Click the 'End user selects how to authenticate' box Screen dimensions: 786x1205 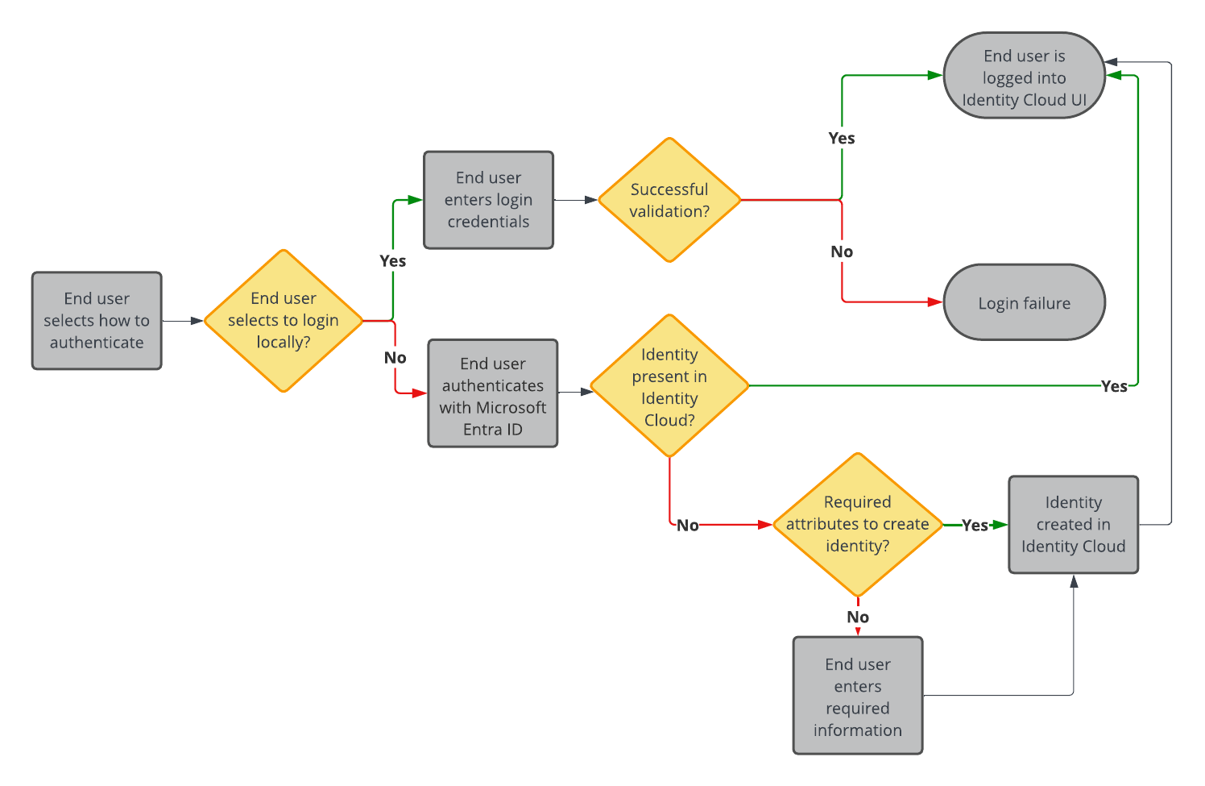(97, 320)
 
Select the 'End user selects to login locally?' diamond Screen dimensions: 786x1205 (284, 320)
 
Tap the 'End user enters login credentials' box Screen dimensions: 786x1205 (488, 199)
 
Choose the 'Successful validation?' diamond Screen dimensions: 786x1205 (669, 200)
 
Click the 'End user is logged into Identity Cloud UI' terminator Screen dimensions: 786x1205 (1024, 76)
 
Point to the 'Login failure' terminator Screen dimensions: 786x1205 (1024, 302)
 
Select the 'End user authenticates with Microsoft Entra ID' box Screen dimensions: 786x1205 (492, 393)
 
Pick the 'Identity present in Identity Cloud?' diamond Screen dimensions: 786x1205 (669, 386)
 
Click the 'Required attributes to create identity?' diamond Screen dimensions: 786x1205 (857, 524)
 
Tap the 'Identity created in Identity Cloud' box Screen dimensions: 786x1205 (1073, 524)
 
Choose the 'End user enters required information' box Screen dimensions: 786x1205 (857, 696)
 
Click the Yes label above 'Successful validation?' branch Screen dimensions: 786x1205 (842, 138)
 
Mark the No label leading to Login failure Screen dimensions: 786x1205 (842, 252)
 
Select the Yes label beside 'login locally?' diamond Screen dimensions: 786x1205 (392, 260)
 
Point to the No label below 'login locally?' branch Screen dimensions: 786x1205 (395, 357)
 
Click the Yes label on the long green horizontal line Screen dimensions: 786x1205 (1114, 386)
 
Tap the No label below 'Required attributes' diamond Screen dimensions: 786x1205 (857, 617)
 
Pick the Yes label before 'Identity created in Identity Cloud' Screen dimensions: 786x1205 (975, 525)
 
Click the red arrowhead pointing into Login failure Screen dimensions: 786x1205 (935, 302)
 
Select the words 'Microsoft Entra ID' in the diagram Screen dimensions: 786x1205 (492, 418)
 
